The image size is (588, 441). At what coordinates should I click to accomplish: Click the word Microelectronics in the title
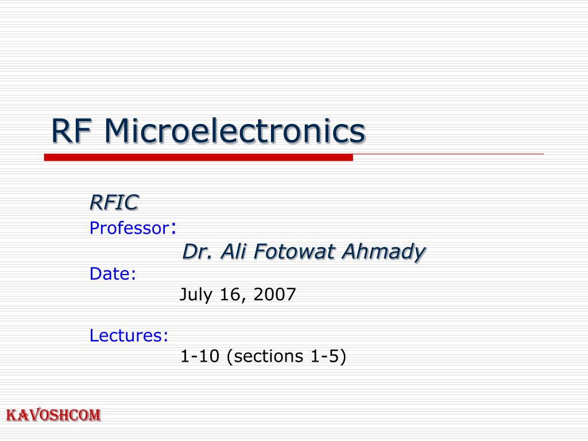pyautogui.click(x=234, y=131)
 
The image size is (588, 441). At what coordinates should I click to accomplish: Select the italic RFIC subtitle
pyautogui.click(x=114, y=202)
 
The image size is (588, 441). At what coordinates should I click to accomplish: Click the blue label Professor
pyautogui.click(x=127, y=229)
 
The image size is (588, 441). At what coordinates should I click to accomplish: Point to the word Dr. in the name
pyautogui.click(x=195, y=252)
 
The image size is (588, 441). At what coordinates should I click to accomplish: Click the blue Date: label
pyautogui.click(x=113, y=274)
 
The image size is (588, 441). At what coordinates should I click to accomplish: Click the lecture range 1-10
pyautogui.click(x=200, y=357)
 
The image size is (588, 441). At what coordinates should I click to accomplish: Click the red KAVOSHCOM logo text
pyautogui.click(x=53, y=415)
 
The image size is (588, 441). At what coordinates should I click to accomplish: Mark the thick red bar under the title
pyautogui.click(x=198, y=157)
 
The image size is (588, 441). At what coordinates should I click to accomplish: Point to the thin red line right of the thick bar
pyautogui.click(x=448, y=154)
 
